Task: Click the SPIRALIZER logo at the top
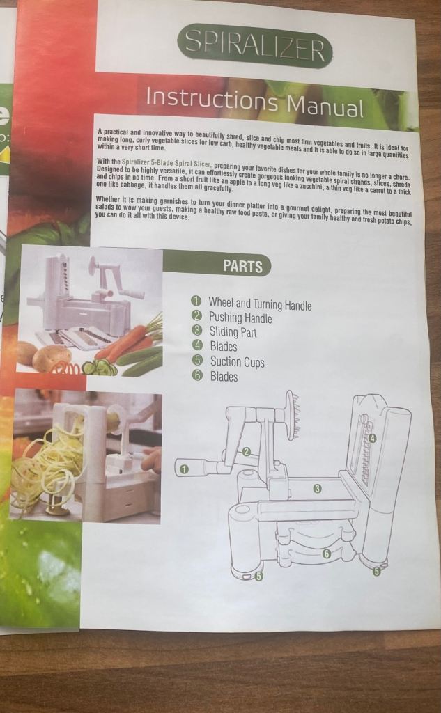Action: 254,45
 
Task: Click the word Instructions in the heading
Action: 212,98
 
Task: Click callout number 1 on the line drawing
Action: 184,469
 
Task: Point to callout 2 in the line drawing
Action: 246,451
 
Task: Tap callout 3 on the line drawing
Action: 318,489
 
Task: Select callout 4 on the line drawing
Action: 372,439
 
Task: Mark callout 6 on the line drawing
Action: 326,554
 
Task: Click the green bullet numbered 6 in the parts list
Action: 196,377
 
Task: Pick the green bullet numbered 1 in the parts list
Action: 196,301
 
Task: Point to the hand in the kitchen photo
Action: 152,460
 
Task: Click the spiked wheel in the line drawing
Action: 291,415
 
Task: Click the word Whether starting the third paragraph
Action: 108,199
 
